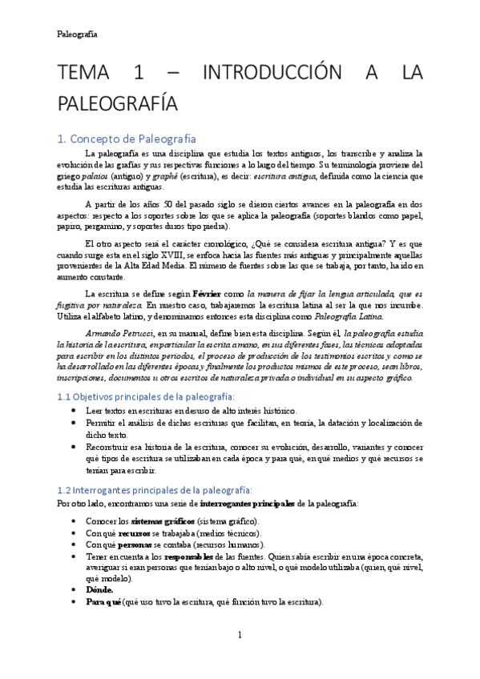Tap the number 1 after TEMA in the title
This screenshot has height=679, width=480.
tap(139, 75)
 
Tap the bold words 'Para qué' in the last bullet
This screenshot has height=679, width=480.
tap(103, 601)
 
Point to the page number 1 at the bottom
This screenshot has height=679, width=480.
tap(240, 635)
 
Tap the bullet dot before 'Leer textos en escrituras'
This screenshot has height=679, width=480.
tap(75, 410)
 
